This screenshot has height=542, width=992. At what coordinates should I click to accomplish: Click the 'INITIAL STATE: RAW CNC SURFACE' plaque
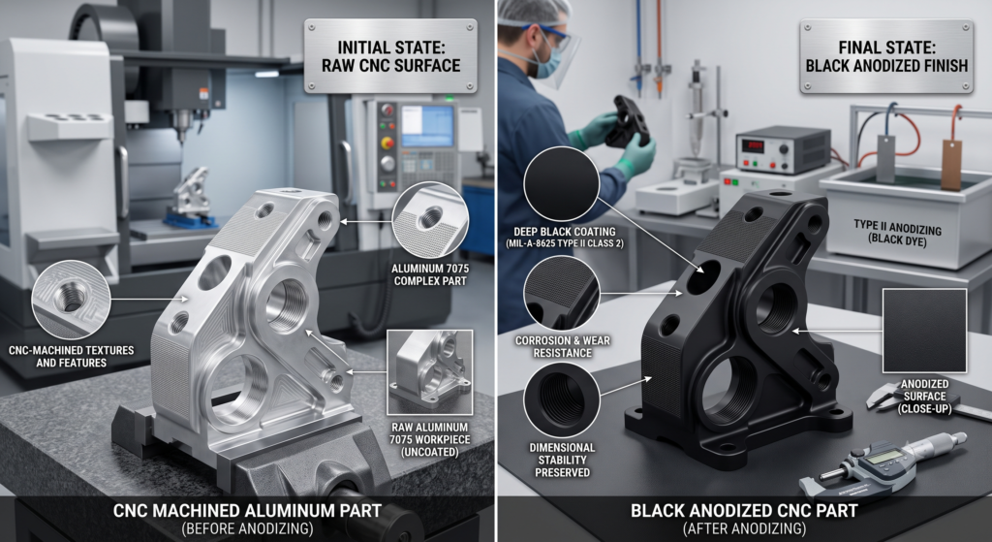(x=390, y=55)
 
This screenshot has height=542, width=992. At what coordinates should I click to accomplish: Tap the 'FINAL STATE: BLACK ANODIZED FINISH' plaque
(x=886, y=55)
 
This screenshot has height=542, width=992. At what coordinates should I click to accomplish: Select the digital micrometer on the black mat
(x=883, y=466)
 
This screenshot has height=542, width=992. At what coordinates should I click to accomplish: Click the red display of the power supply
(x=753, y=146)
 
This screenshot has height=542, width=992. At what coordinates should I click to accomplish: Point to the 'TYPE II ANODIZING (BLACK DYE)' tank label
(x=897, y=232)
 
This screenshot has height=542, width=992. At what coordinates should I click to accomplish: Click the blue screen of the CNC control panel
(x=427, y=126)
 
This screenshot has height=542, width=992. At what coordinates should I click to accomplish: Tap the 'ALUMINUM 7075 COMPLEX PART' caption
(x=430, y=274)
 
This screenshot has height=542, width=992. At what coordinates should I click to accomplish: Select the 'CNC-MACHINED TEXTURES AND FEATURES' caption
(x=72, y=357)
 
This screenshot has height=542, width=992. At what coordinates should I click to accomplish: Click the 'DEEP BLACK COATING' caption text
(x=565, y=232)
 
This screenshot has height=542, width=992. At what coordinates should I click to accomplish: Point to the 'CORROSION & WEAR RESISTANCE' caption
(x=563, y=346)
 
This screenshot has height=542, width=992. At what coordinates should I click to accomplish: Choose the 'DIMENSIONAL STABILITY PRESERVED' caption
(x=563, y=461)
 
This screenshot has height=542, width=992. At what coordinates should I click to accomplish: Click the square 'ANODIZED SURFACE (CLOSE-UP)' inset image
(x=924, y=331)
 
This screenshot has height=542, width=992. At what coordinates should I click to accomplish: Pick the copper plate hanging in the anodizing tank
(x=951, y=165)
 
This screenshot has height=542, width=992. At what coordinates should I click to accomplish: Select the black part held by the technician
(x=628, y=120)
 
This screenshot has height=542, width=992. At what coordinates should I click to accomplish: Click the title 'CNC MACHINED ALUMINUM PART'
(x=247, y=510)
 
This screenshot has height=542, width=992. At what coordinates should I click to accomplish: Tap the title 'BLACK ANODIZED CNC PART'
(x=744, y=510)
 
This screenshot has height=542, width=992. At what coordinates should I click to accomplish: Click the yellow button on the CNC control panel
(x=387, y=143)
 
